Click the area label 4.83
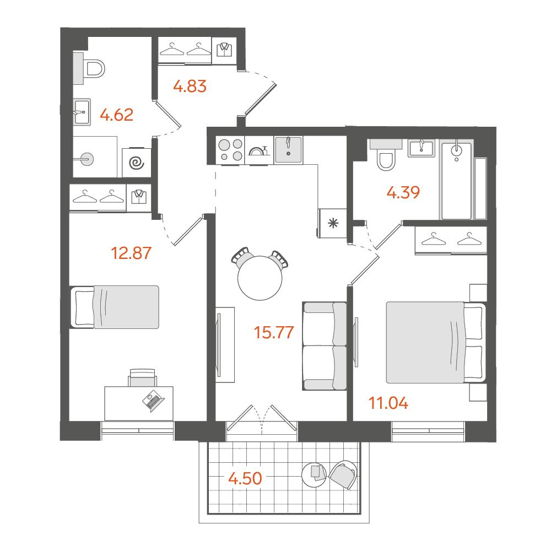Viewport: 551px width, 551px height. (190, 86)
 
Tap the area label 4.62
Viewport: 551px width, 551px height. (117, 115)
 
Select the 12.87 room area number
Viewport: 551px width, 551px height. (131, 253)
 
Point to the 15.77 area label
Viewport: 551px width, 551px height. (274, 332)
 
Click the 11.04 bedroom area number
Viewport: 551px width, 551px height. (388, 403)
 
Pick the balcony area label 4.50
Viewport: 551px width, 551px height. (245, 478)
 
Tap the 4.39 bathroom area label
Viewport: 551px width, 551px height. (403, 192)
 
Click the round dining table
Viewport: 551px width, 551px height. (260, 278)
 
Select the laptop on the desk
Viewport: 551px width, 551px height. (153, 400)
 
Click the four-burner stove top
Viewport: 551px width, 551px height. (230, 150)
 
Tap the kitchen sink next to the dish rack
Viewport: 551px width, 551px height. (288, 150)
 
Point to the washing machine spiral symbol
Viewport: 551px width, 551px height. (137, 163)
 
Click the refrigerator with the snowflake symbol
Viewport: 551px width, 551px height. (332, 223)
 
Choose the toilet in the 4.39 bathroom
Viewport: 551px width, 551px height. (386, 156)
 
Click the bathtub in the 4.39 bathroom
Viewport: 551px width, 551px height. (456, 181)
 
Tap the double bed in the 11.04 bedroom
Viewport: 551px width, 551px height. (436, 342)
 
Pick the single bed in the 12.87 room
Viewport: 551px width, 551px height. (115, 307)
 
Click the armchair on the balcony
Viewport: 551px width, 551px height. (343, 475)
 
